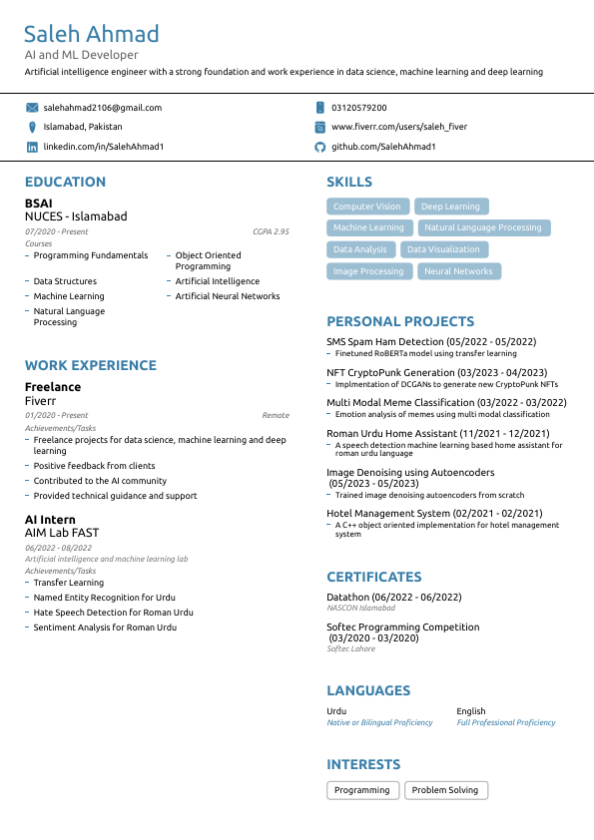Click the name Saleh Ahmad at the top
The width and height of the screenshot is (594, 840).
[x=92, y=35]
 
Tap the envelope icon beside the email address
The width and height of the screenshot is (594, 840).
[x=32, y=108]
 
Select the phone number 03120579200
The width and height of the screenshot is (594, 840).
[x=359, y=108]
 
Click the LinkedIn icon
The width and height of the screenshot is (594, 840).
[x=32, y=147]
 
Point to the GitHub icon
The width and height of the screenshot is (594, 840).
[x=319, y=147]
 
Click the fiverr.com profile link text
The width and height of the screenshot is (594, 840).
[x=398, y=127]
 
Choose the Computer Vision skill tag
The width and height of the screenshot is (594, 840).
[x=366, y=207]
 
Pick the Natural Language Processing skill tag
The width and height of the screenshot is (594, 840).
[x=482, y=227]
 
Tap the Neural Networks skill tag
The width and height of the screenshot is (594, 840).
[x=458, y=271]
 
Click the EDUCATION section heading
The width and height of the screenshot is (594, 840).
[x=65, y=182]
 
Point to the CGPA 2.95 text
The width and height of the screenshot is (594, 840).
[x=271, y=231]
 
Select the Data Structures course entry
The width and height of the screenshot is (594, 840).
[x=65, y=281]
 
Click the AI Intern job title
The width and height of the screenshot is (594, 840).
[x=50, y=520]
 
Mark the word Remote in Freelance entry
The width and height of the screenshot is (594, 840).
[x=276, y=415]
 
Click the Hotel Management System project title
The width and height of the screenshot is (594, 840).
[x=437, y=513]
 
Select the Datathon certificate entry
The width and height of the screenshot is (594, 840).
[x=393, y=597]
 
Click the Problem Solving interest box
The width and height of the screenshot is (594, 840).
[x=445, y=790]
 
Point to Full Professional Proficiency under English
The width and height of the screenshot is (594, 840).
[x=505, y=722]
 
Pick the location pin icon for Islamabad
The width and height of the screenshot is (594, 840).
[x=32, y=127]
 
